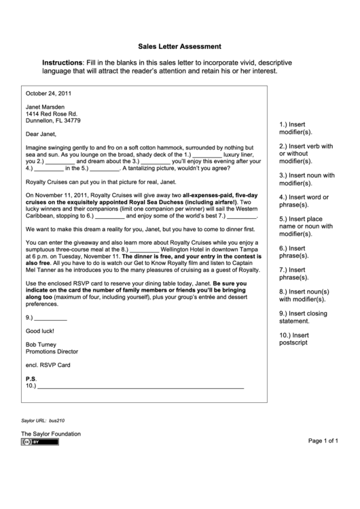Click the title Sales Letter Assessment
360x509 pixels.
(x=180, y=47)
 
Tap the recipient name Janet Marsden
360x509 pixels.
(x=46, y=107)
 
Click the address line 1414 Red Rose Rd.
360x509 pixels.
(x=52, y=113)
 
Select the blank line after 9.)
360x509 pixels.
(x=51, y=317)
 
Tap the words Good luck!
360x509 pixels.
(x=39, y=331)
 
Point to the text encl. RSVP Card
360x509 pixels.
(x=48, y=365)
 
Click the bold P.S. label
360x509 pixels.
(x=31, y=379)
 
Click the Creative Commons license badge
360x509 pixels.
(x=40, y=442)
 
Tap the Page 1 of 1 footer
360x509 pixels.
(x=323, y=440)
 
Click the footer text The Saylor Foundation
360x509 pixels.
(x=50, y=434)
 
